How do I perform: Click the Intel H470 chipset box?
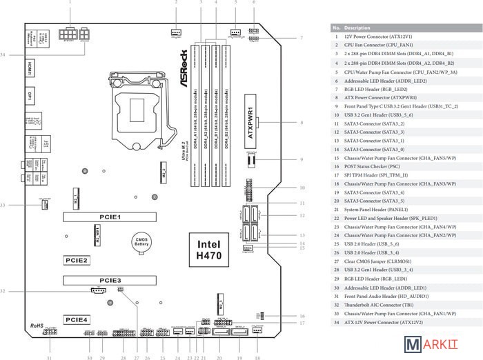pos(210,250)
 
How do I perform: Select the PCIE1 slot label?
pos(110,217)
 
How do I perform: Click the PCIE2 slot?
pos(77,261)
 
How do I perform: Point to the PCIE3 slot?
pos(110,281)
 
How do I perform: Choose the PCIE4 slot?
pos(77,320)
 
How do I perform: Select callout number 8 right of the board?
pos(302,123)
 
